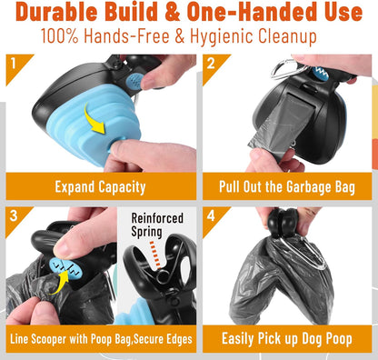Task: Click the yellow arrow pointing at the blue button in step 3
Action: pyautogui.click(x=61, y=282)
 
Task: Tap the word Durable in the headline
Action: pyautogui.click(x=56, y=12)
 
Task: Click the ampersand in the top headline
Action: pyautogui.click(x=172, y=12)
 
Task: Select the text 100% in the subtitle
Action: pyautogui.click(x=59, y=36)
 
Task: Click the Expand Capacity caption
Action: pyautogui.click(x=100, y=187)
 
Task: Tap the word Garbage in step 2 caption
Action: pyautogui.click(x=308, y=187)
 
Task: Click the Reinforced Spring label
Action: pyautogui.click(x=157, y=225)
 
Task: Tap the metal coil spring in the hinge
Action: pyautogui.click(x=164, y=276)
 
